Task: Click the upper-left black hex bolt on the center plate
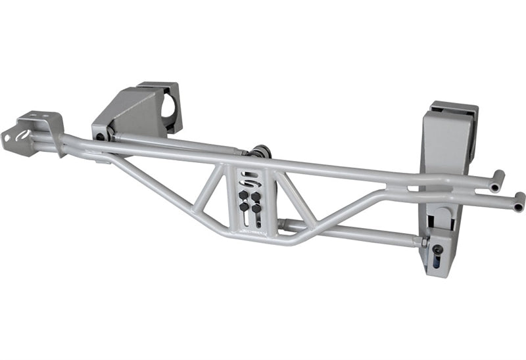[243, 195]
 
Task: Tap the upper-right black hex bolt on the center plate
[256, 196]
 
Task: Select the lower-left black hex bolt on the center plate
[244, 207]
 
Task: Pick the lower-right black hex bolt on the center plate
[256, 208]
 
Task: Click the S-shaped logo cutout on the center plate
[249, 178]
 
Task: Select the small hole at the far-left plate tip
[8, 139]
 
